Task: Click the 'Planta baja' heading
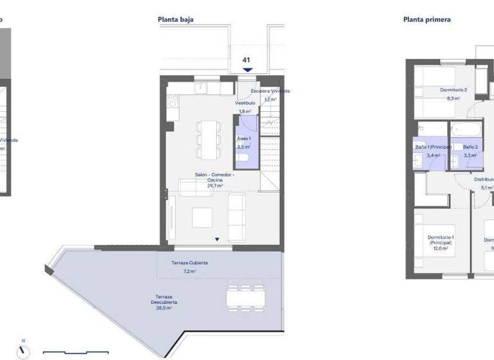[x=176, y=19]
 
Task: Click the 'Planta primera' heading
[x=426, y=19]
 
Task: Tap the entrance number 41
[x=246, y=60]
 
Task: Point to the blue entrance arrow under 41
[x=247, y=69]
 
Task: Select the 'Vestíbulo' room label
[x=245, y=103]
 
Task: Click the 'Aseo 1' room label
[x=244, y=138]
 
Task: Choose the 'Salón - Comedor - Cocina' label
[x=215, y=177]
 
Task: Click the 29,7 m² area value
[x=215, y=186]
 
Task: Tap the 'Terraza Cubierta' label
[x=189, y=263]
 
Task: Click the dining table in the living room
[x=207, y=139]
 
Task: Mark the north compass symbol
[x=24, y=350]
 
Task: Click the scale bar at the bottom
[x=75, y=352]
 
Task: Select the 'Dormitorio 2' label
[x=453, y=90]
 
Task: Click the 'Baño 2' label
[x=470, y=147]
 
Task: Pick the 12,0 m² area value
[x=441, y=248]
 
